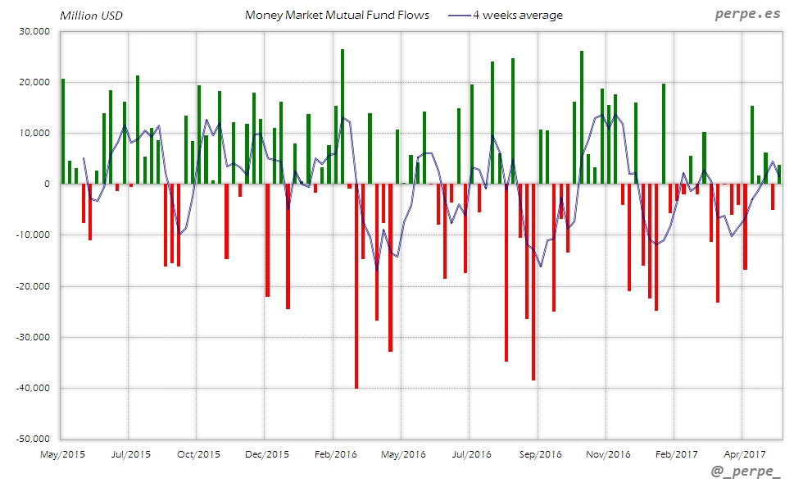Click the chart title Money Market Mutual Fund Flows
(337, 15)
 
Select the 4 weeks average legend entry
(517, 15)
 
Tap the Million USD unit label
(91, 16)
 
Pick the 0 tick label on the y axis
(47, 184)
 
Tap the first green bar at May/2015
(63, 131)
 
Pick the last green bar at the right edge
(779, 174)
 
